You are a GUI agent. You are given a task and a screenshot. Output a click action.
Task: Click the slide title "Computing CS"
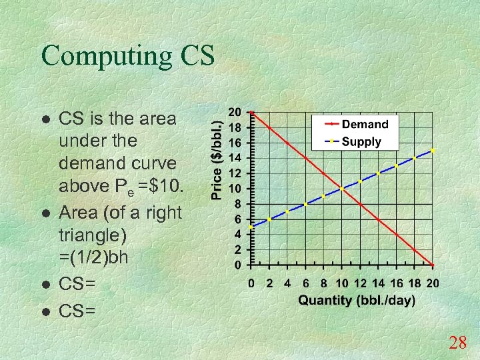[x=128, y=56]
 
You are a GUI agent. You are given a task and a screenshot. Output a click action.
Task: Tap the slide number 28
[x=457, y=343]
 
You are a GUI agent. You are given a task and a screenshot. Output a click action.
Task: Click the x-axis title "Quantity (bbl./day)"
[x=356, y=300]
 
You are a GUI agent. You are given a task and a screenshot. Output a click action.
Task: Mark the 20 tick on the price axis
[x=235, y=112]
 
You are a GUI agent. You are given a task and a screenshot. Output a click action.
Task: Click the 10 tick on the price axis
[x=235, y=189]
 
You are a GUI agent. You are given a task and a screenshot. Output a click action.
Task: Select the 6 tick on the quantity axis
[x=305, y=283]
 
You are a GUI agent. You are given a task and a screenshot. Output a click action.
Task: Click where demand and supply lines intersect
[x=341, y=189]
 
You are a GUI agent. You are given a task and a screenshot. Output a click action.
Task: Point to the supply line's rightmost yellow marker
[x=433, y=151]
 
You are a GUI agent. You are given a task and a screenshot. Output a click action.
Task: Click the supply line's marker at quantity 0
[x=250, y=227]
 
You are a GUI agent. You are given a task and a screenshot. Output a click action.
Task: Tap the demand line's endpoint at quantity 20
[x=433, y=265]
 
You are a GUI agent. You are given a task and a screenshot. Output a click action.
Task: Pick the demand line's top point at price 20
[x=250, y=113]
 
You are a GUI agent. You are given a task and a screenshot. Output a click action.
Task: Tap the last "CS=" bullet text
[x=77, y=311]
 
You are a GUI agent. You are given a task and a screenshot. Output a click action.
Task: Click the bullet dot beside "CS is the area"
[x=45, y=121]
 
